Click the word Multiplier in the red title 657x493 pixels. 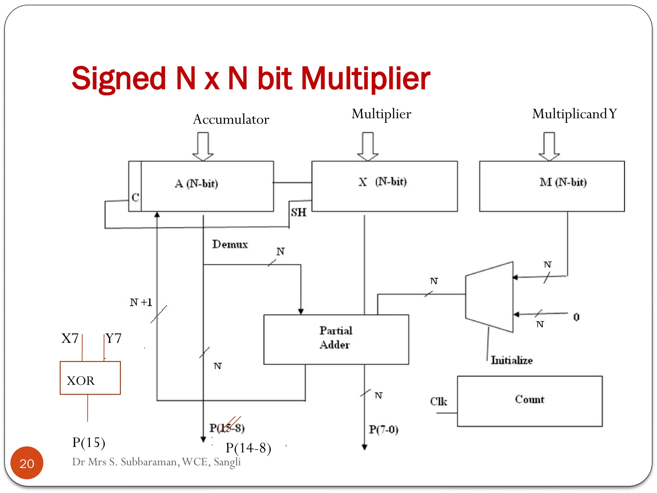click(366, 79)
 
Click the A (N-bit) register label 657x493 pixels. click(196, 184)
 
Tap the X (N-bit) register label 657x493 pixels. click(382, 182)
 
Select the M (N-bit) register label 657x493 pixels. click(563, 182)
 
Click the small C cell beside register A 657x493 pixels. click(135, 197)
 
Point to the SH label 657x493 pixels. click(298, 212)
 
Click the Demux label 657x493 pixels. click(230, 244)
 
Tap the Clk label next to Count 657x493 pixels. click(439, 401)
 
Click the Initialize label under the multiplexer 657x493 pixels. click(512, 360)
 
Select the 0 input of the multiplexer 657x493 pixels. click(576, 317)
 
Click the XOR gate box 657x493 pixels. click(90, 378)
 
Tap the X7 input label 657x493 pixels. click(70, 339)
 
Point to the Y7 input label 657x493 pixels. click(114, 339)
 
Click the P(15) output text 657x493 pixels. click(89, 442)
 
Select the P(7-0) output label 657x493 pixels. click(383, 429)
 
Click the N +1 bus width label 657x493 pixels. click(141, 302)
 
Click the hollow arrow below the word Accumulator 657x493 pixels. click(203, 146)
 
